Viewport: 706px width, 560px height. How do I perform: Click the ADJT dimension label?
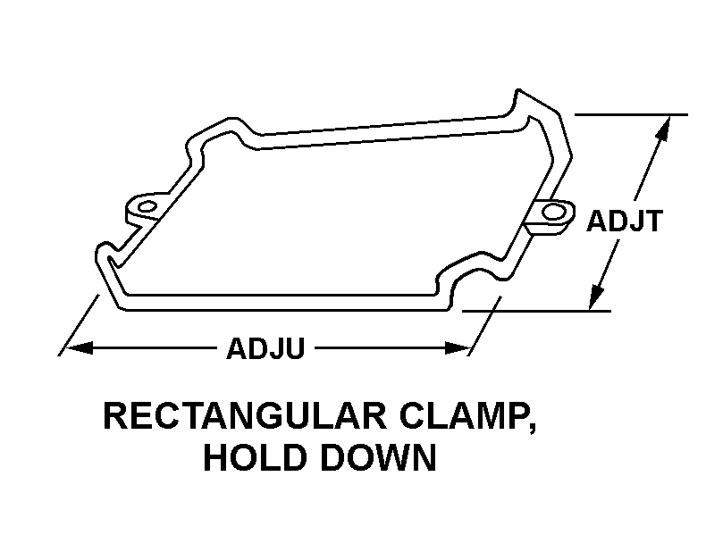624,221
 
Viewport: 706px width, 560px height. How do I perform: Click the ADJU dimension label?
265,348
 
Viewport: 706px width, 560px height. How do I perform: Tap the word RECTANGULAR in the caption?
246,416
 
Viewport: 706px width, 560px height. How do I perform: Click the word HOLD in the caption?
254,457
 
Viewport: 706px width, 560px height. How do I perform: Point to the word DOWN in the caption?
377,457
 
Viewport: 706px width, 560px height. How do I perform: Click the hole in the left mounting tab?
147,207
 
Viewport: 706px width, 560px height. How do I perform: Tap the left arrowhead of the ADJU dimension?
80,348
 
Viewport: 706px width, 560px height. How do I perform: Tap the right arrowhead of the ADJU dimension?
458,348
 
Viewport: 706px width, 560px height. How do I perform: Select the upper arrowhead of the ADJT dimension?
663,129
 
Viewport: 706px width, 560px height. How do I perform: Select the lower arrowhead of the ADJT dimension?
597,297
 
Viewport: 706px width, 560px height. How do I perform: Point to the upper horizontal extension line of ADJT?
631,115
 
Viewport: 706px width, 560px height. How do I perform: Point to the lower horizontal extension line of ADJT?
536,311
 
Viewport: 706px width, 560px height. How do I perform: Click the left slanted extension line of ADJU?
79,325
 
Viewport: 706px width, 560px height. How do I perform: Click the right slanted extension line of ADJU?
484,326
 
